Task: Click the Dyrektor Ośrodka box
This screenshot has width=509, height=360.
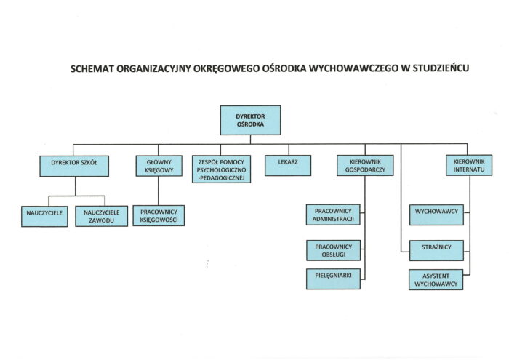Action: [x=250, y=120]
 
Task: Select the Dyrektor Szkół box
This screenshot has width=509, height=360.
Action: [x=74, y=166]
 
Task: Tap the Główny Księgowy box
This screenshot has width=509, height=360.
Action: [x=159, y=166]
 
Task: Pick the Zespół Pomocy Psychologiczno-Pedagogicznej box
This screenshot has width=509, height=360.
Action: [x=221, y=169]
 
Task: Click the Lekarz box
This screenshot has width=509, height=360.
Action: [x=288, y=166]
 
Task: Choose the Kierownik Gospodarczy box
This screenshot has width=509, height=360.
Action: [x=365, y=165]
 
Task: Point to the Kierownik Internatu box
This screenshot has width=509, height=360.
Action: [x=469, y=165]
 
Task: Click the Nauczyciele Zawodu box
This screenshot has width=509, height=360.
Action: [x=101, y=216]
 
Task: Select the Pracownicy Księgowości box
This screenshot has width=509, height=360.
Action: [x=159, y=215]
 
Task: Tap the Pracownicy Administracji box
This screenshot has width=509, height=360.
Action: [x=333, y=215]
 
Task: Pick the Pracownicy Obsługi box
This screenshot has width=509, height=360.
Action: [x=333, y=250]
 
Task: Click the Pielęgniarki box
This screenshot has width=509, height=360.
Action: [x=333, y=279]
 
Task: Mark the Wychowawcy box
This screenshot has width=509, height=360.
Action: [x=436, y=215]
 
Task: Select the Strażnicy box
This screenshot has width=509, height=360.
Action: [x=436, y=250]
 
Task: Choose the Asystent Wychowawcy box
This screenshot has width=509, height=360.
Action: [x=436, y=279]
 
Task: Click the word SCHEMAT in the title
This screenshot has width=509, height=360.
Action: [x=92, y=69]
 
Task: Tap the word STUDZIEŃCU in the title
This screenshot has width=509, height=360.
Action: [x=441, y=68]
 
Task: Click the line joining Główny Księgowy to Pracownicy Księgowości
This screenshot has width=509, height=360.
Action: [x=159, y=191]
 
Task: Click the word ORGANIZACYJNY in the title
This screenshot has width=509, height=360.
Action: [x=153, y=69]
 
